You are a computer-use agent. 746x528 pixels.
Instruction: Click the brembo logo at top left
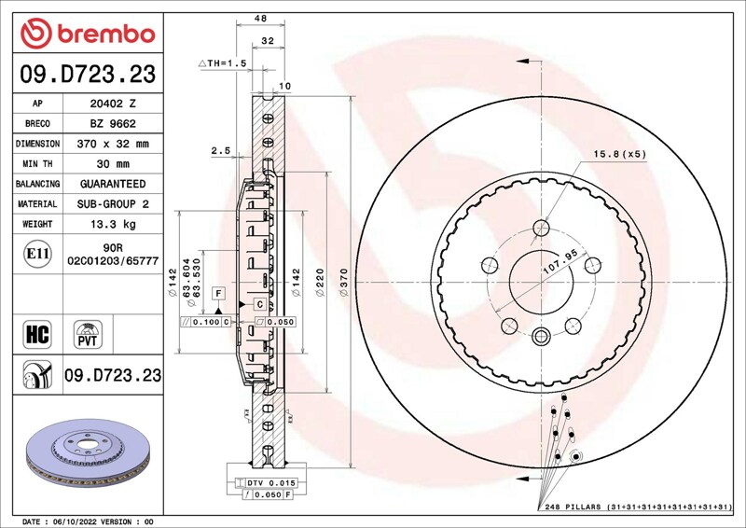[x=88, y=34]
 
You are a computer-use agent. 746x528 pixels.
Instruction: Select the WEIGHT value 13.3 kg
[x=113, y=224]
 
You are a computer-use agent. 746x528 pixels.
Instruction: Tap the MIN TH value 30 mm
[x=113, y=164]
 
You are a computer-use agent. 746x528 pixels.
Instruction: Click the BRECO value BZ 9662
[x=113, y=124]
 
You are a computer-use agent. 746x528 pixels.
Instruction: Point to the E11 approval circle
[x=37, y=254]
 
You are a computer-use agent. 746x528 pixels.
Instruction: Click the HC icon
[x=37, y=334]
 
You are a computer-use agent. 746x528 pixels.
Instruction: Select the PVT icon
[x=88, y=334]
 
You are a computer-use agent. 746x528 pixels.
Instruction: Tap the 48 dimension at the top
[x=260, y=19]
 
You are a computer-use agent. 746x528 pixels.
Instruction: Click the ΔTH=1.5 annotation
[x=223, y=63]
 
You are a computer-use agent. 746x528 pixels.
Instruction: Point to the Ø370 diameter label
[x=344, y=283]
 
